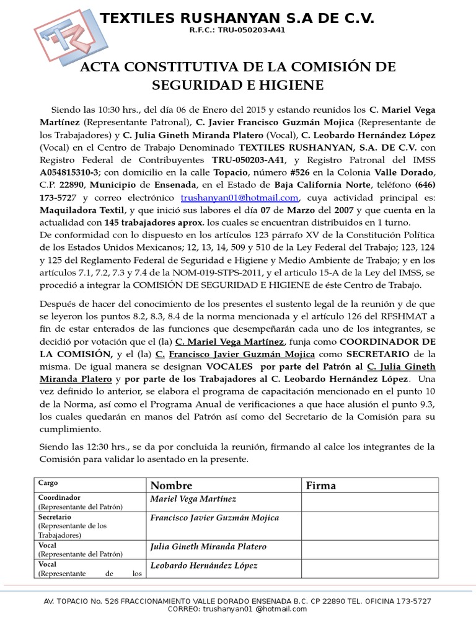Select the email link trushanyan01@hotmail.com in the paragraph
click(x=240, y=198)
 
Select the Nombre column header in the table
click(x=171, y=486)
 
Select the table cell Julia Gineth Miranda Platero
click(x=208, y=546)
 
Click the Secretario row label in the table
click(x=55, y=517)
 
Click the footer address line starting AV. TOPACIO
click(x=237, y=601)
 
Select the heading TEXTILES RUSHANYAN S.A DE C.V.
click(x=237, y=19)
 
